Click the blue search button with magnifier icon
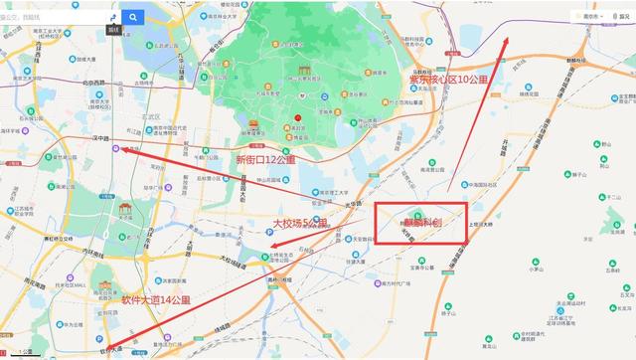click(x=134, y=17)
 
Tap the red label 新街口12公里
click(x=266, y=159)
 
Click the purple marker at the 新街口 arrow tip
click(x=117, y=148)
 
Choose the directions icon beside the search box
click(x=112, y=17)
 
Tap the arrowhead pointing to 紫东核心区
click(x=508, y=41)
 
